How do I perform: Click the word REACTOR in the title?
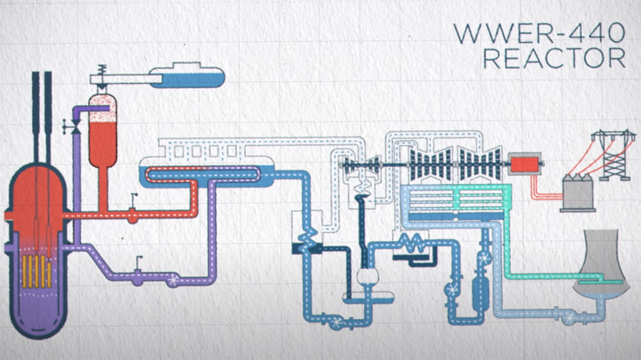coord(554,58)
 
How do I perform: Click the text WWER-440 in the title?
coord(540,33)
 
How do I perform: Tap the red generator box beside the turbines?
coord(524,164)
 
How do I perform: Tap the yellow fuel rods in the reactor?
coord(37,272)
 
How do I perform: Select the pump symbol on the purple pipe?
coord(173,279)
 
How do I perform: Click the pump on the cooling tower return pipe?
coord(569,317)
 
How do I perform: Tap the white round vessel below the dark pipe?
coord(367,277)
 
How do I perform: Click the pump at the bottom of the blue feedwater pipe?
coord(338,322)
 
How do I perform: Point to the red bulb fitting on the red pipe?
coord(132,215)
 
